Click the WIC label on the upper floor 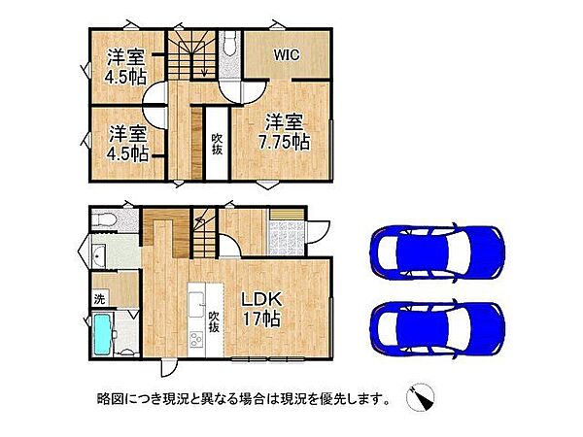click(286, 55)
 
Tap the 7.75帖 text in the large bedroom click(286, 142)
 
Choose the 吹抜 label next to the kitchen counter click(213, 321)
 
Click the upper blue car click(437, 252)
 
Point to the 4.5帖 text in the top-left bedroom click(126, 76)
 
